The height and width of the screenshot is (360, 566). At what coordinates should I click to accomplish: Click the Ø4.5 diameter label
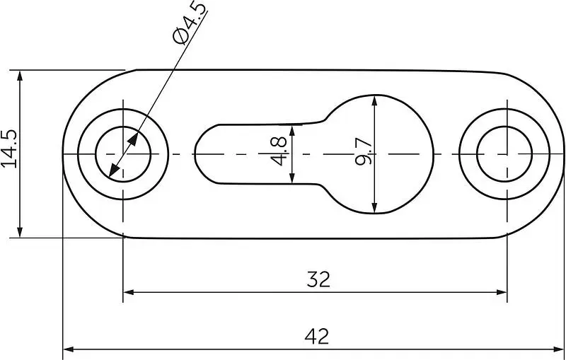[x=190, y=23]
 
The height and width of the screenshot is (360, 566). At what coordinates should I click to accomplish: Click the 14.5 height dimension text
[x=9, y=149]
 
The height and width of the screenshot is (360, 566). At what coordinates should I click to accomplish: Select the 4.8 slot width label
[x=279, y=151]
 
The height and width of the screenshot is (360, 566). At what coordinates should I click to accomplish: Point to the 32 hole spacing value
[x=318, y=279]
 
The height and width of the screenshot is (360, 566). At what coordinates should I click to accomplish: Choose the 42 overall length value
[x=316, y=336]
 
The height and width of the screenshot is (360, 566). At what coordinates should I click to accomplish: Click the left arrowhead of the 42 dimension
[x=69, y=349]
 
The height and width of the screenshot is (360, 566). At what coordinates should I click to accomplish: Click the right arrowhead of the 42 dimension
[x=558, y=349]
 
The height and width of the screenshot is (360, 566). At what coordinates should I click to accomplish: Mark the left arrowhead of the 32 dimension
[x=129, y=292]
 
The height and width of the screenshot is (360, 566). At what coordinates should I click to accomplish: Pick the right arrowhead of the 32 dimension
[x=502, y=292]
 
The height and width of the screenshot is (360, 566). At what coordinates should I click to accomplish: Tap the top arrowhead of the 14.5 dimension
[x=20, y=76]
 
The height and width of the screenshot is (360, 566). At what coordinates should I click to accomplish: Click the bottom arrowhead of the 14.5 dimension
[x=20, y=232]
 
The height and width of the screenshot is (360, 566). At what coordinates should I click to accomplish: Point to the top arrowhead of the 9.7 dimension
[x=374, y=100]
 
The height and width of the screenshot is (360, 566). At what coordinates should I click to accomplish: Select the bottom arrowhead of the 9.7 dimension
[x=374, y=208]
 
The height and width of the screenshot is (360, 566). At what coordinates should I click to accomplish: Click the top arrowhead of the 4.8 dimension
[x=292, y=130]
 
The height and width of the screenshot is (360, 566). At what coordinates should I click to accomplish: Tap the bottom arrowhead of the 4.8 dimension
[x=292, y=178]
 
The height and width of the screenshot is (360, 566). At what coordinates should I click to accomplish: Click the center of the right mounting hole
[x=507, y=154]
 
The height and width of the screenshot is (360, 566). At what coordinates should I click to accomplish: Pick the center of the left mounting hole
[x=123, y=154]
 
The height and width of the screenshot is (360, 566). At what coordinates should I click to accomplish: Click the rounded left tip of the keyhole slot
[x=195, y=154]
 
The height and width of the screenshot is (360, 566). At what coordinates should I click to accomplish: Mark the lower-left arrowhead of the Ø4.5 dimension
[x=113, y=171]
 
